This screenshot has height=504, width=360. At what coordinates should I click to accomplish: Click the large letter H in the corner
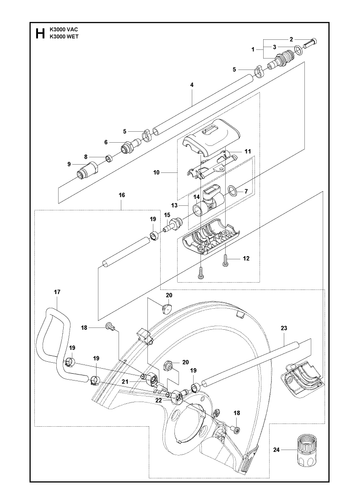pos(40,34)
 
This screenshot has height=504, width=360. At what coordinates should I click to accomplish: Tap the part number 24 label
pos(276,450)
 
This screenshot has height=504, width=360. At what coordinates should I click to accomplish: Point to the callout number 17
pos(57,292)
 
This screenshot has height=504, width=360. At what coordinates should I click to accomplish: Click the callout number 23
pos(284,328)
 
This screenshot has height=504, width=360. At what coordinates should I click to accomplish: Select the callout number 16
pos(122,195)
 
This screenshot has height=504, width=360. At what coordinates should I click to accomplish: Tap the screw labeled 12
pos(226,260)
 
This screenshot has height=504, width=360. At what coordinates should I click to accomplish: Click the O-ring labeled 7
pos(232,191)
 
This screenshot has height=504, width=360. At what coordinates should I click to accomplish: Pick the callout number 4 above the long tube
pos(192,85)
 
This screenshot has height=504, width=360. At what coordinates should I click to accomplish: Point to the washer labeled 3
pos(298,50)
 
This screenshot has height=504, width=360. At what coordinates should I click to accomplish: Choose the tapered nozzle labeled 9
pos(86,170)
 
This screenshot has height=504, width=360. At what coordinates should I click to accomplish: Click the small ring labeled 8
pos(109,158)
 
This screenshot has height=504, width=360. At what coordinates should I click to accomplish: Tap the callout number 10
pos(157,173)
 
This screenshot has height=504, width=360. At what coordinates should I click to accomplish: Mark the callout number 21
pos(125,382)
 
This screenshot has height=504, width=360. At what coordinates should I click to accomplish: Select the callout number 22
pos(159,400)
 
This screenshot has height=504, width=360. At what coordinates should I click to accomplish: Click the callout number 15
pos(167,215)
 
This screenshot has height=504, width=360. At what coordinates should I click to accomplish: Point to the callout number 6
pos(106,142)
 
